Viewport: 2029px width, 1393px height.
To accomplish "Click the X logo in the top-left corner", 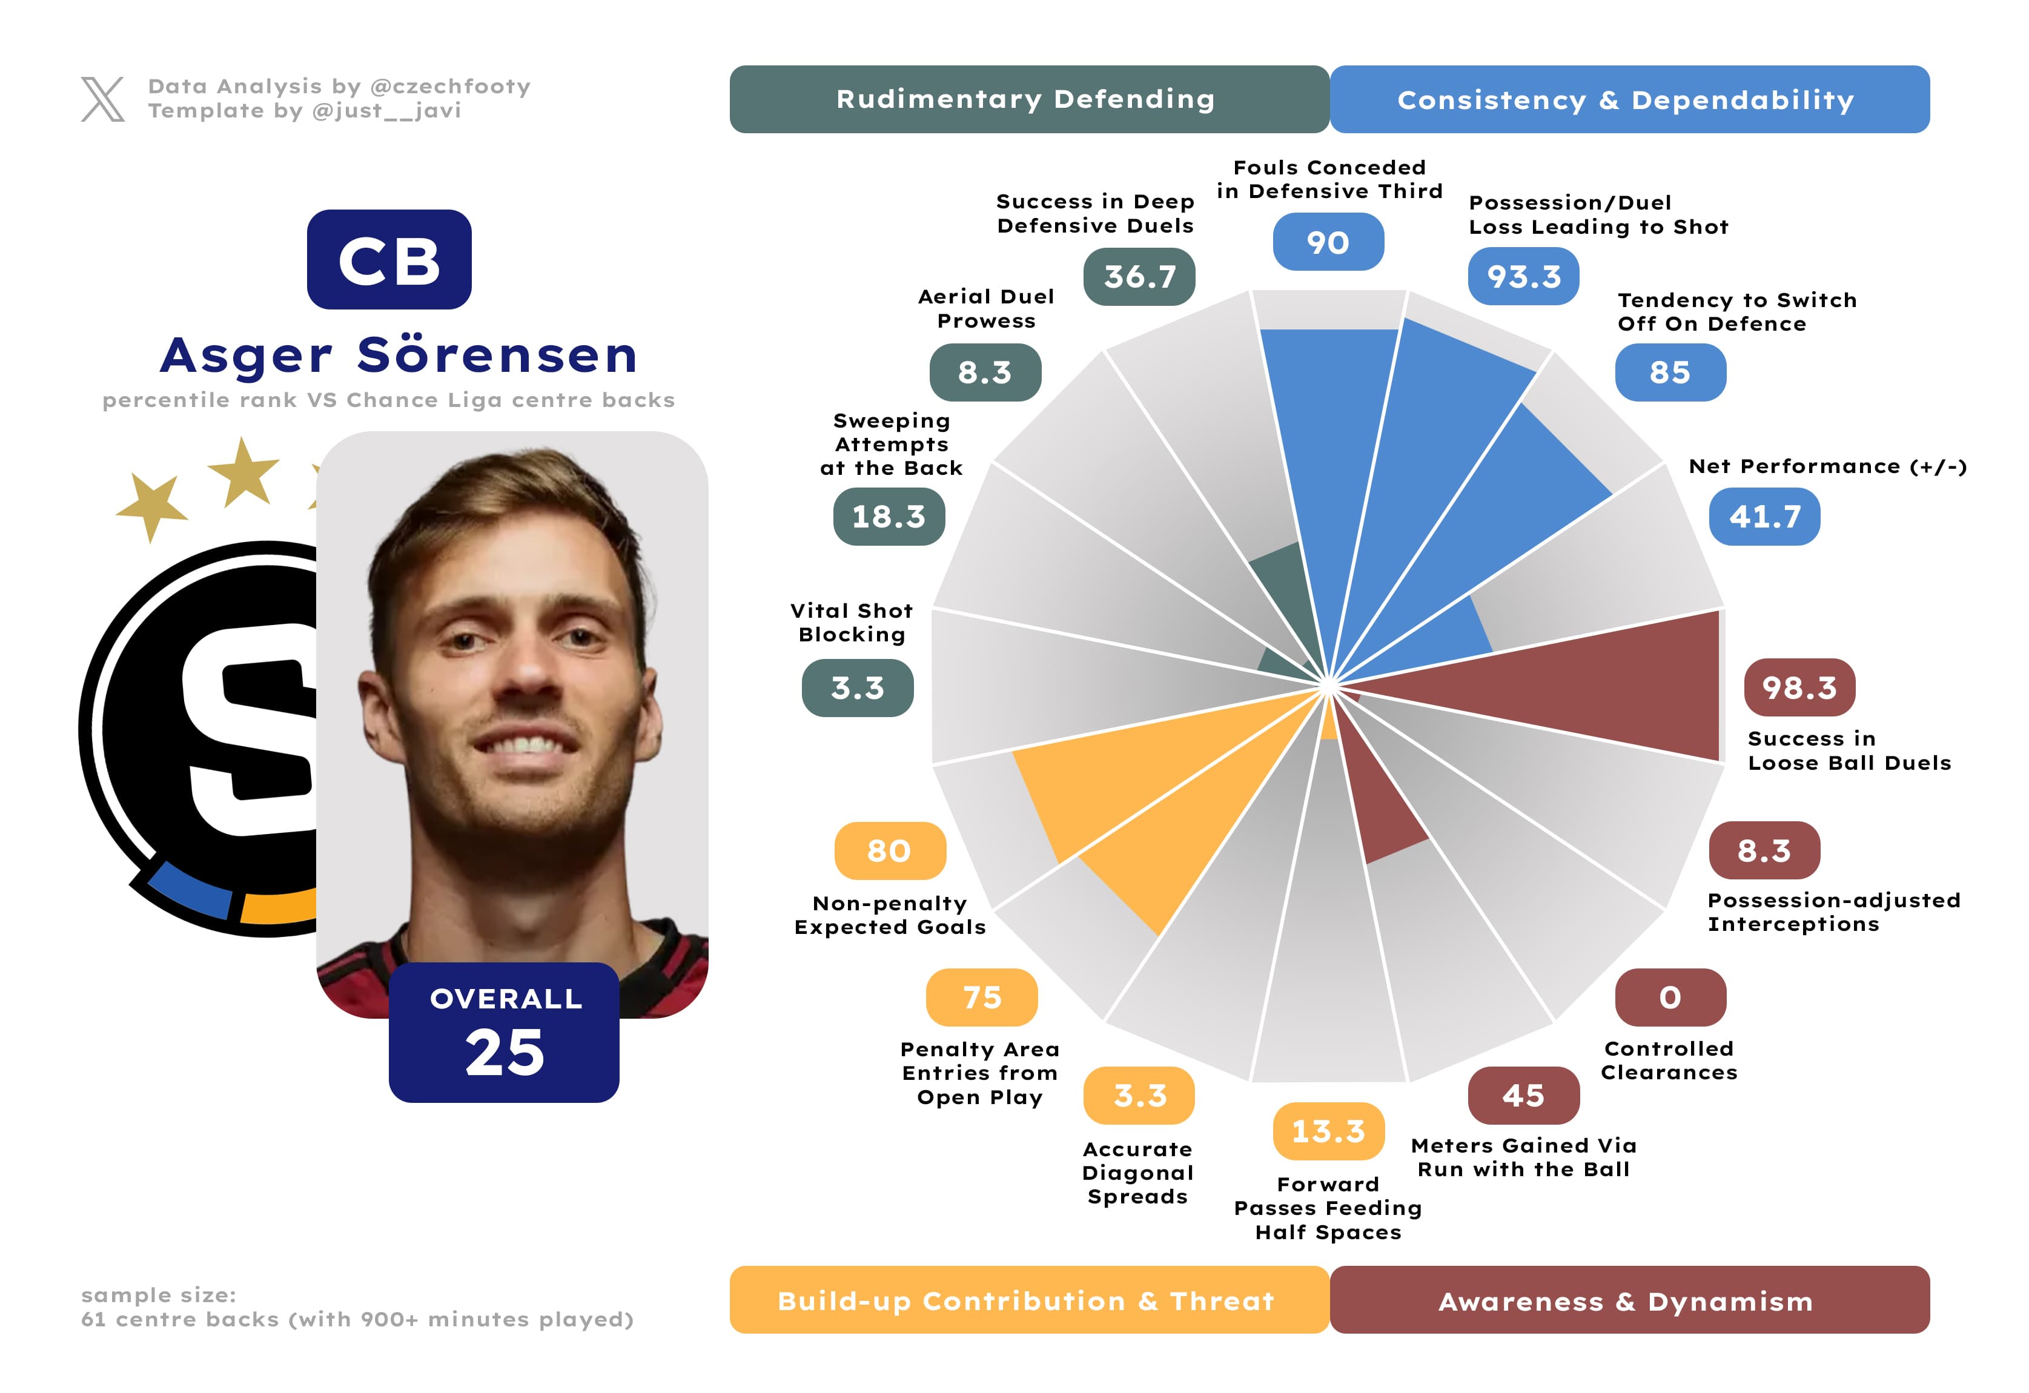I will (102, 99).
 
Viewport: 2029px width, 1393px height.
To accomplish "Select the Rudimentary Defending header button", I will (1028, 99).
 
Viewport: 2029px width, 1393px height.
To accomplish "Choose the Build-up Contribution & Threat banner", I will (1028, 1300).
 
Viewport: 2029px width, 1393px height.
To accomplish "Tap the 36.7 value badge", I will (1139, 277).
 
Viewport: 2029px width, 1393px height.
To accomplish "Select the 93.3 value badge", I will (1523, 277).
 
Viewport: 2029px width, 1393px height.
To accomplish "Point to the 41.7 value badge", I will (1764, 516).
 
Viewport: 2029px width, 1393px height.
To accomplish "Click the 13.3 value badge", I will (1328, 1131).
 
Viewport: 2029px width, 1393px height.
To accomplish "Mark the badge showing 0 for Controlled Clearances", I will (1669, 997).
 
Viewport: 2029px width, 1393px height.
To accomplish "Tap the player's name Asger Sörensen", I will (399, 356).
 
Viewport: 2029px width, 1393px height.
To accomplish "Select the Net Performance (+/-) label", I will (1827, 466).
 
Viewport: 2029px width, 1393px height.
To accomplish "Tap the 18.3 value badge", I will (888, 516).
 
